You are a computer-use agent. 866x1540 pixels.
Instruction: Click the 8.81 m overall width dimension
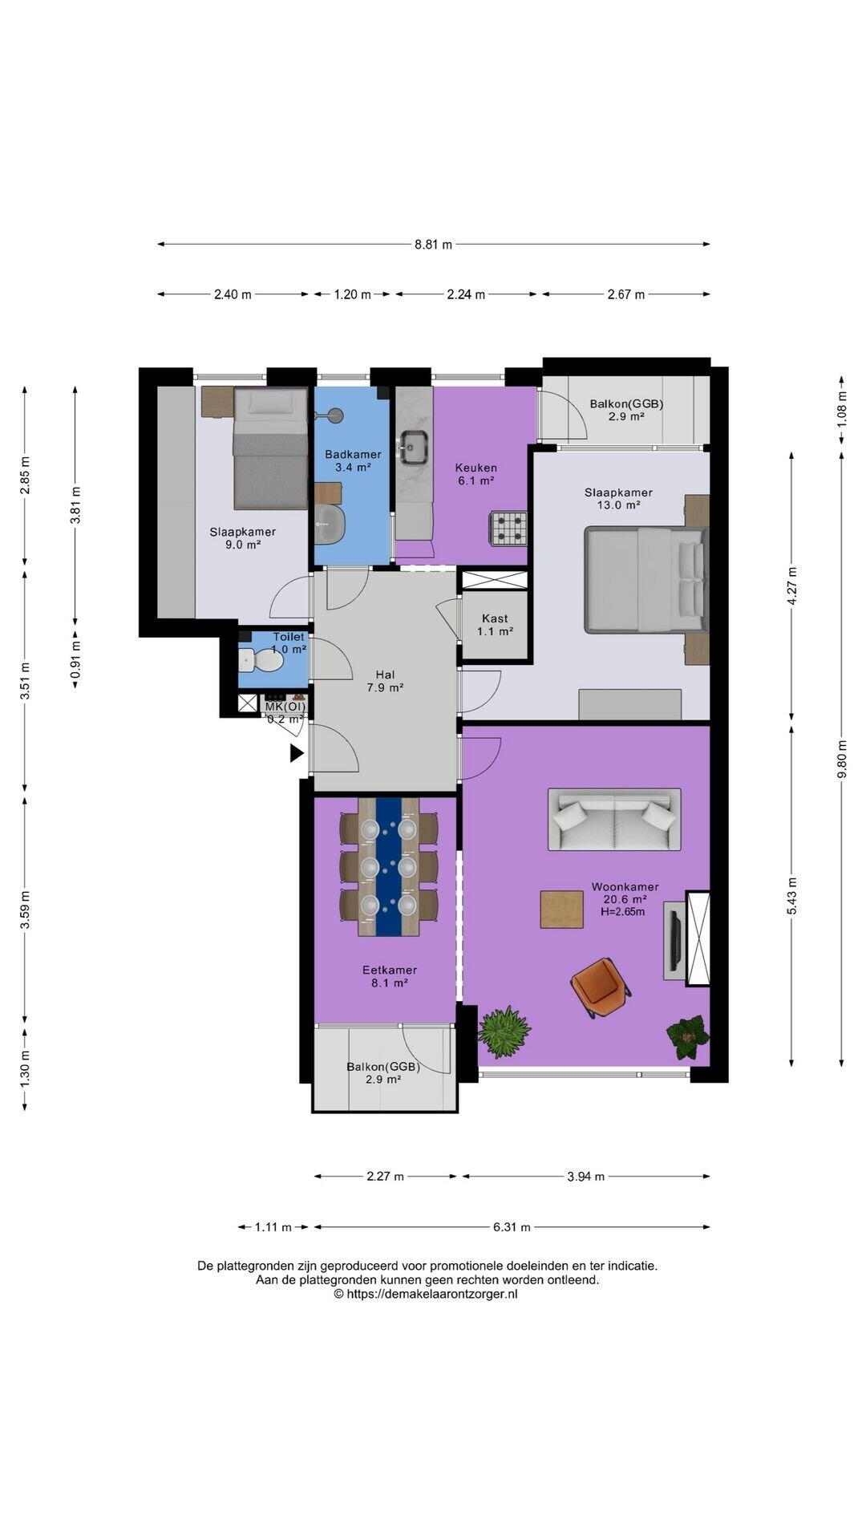click(433, 244)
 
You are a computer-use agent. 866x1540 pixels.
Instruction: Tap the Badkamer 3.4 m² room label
click(353, 460)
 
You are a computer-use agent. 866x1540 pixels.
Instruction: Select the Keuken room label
click(475, 468)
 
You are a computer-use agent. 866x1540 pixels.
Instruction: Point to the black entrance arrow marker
click(297, 753)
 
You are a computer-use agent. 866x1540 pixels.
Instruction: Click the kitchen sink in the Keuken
click(414, 446)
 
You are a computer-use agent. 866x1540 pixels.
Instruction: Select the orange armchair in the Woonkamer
click(600, 987)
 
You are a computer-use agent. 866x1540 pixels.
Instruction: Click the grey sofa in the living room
click(614, 819)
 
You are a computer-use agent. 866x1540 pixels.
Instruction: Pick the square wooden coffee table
click(561, 910)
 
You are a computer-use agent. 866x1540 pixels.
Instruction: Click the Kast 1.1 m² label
click(495, 625)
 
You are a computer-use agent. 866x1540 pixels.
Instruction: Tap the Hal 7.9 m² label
click(385, 681)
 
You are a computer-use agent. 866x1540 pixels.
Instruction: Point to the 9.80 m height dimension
click(841, 757)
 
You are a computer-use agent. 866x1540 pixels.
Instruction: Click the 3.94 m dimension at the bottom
click(586, 1177)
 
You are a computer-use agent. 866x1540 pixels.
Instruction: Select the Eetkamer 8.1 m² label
click(389, 976)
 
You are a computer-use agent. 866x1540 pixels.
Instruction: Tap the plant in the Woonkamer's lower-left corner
click(504, 1031)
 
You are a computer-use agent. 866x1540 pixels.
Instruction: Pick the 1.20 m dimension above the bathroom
click(352, 294)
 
